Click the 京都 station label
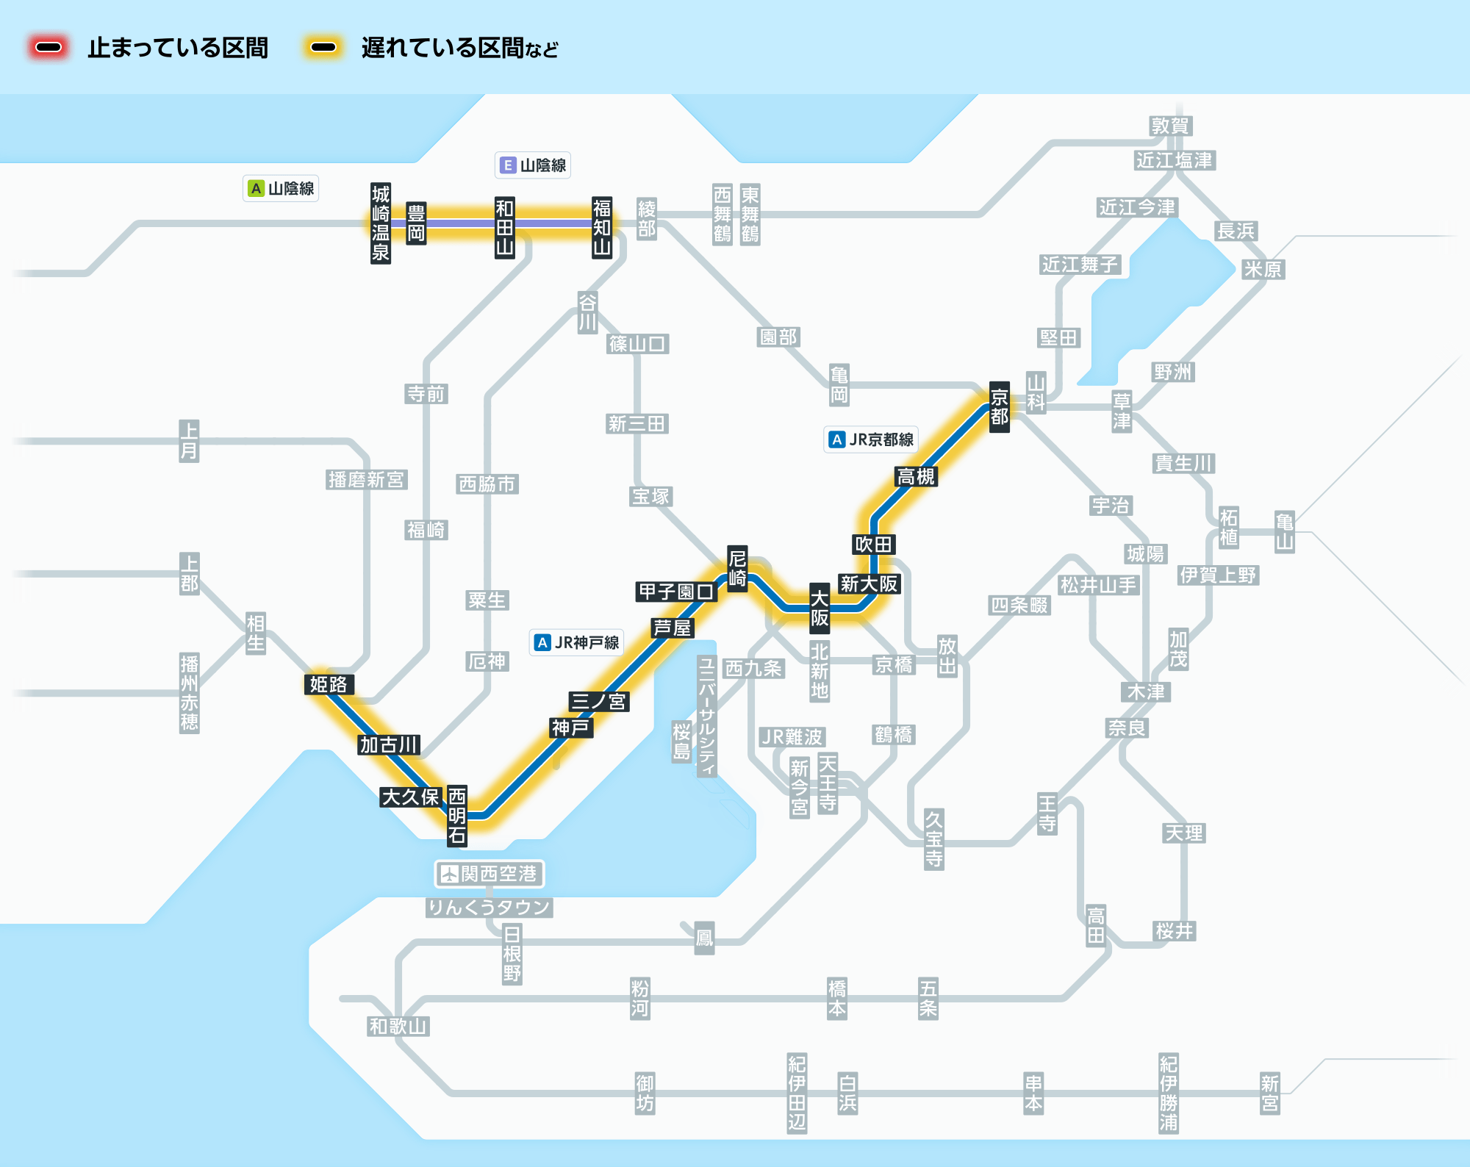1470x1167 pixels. tap(999, 407)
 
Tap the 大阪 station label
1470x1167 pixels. tap(820, 608)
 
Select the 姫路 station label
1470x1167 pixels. tap(329, 684)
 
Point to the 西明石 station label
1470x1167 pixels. tap(457, 815)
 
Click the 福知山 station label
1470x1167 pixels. tap(602, 227)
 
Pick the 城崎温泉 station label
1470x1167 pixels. tap(380, 223)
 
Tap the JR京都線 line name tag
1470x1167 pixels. tap(871, 439)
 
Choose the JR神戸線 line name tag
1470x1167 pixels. tap(577, 642)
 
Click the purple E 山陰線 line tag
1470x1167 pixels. tap(533, 165)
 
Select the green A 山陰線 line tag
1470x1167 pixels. tap(281, 189)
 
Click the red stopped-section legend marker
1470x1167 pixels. tap(49, 48)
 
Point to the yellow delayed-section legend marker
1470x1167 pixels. tap(323, 48)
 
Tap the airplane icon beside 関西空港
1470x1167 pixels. tap(448, 874)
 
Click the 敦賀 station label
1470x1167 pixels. tap(1170, 126)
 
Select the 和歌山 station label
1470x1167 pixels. tap(398, 1026)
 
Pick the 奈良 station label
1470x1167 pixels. tap(1127, 728)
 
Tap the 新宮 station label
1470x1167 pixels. tap(1269, 1093)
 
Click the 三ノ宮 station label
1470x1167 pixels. tap(599, 701)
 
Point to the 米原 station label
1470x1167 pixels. tap(1262, 269)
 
